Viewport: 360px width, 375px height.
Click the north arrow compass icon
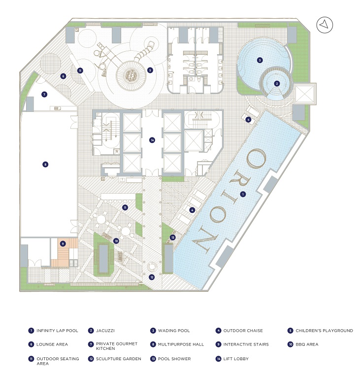click(326, 25)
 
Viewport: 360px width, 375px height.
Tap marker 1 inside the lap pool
click(242, 194)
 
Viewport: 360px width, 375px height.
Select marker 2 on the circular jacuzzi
click(277, 84)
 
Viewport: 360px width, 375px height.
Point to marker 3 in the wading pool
click(260, 60)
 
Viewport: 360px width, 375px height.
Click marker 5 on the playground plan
click(150, 70)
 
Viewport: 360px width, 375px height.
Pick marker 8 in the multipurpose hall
click(45, 165)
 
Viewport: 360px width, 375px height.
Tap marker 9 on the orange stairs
click(63, 243)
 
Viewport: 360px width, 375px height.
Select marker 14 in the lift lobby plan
click(153, 140)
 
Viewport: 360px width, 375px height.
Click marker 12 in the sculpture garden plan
click(152, 276)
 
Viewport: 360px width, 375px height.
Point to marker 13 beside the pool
click(173, 238)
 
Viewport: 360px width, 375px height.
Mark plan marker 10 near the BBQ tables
click(116, 241)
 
